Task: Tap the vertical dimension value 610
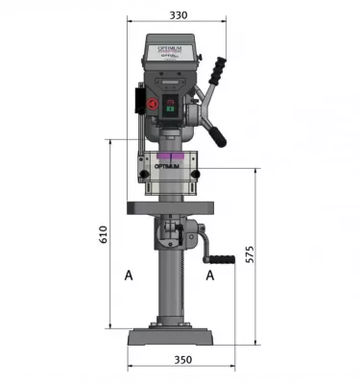104,234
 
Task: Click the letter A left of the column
128,276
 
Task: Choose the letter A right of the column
209,276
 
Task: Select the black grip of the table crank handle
224,258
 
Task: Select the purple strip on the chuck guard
173,155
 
